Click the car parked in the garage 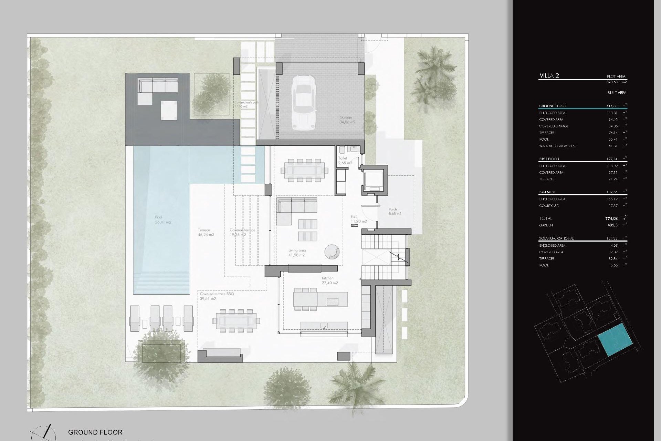[x=304, y=102]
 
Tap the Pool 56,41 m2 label [x=163, y=220]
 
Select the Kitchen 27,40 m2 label [x=329, y=280]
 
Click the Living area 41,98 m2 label [x=297, y=253]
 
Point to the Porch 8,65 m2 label [x=395, y=212]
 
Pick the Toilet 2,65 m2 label [x=345, y=161]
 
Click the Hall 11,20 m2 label [x=358, y=219]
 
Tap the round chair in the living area [x=332, y=252]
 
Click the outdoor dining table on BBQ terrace [x=237, y=321]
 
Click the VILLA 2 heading [x=549, y=76]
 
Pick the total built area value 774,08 [x=611, y=218]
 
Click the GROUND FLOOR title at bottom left [x=95, y=432]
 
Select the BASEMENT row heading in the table [x=547, y=192]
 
